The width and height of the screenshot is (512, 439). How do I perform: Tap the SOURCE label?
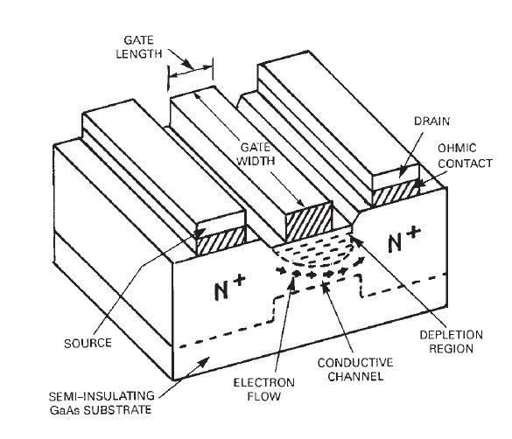(88, 343)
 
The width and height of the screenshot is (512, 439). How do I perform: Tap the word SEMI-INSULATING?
(88, 394)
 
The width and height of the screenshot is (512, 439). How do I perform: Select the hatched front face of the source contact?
(220, 242)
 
